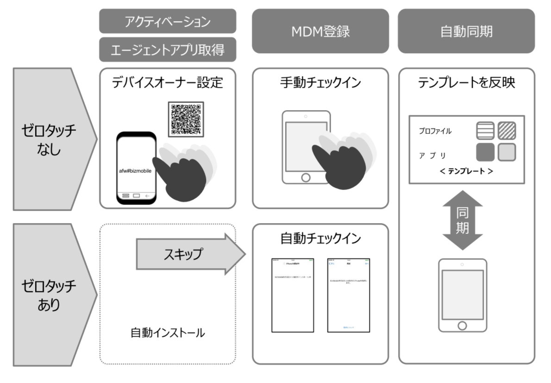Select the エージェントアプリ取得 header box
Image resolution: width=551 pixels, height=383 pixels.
point(168,50)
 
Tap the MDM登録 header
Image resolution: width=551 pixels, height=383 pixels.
point(320,31)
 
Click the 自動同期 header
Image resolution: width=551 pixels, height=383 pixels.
point(466,31)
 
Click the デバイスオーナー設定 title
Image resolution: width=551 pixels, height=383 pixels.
point(168,83)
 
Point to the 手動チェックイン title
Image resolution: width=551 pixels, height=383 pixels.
point(320,83)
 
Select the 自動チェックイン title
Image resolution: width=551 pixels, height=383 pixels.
point(320,239)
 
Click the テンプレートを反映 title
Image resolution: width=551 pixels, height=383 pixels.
point(466,83)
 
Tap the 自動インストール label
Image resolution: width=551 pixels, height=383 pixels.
point(168,332)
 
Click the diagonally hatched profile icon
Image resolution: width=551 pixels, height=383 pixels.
point(507,131)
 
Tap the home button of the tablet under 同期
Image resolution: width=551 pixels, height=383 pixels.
point(462,325)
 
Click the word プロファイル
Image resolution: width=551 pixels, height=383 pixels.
point(435,131)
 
